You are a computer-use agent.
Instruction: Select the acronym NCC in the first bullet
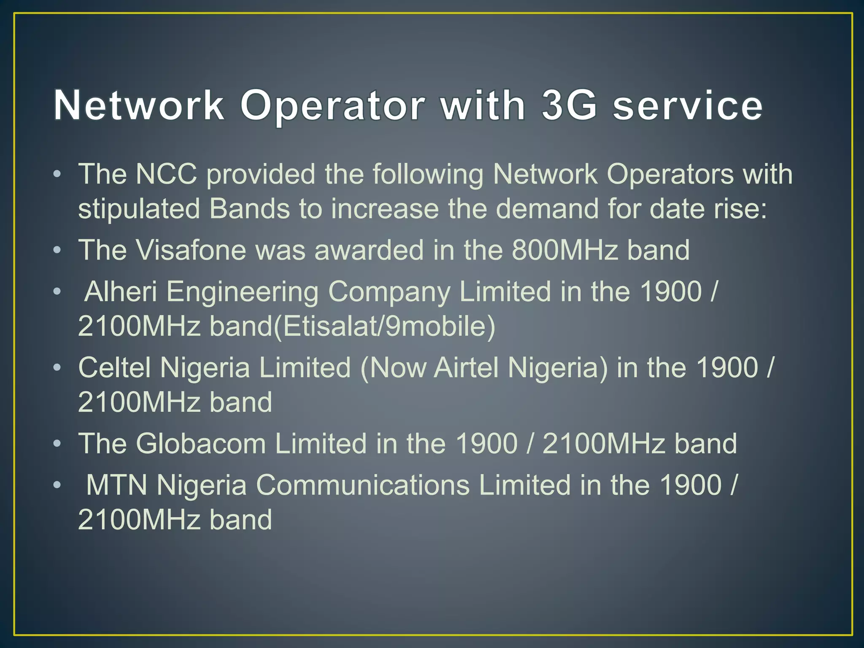coord(166,174)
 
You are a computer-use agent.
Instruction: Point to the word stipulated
coord(139,209)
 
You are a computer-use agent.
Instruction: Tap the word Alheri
coord(121,292)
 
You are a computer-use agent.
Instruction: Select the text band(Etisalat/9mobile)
coord(352,326)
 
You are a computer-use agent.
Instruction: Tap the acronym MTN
coord(117,485)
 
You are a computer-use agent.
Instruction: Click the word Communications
coord(363,485)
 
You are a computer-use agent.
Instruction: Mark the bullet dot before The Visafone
coord(57,251)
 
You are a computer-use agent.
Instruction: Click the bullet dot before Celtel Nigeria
coord(57,368)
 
